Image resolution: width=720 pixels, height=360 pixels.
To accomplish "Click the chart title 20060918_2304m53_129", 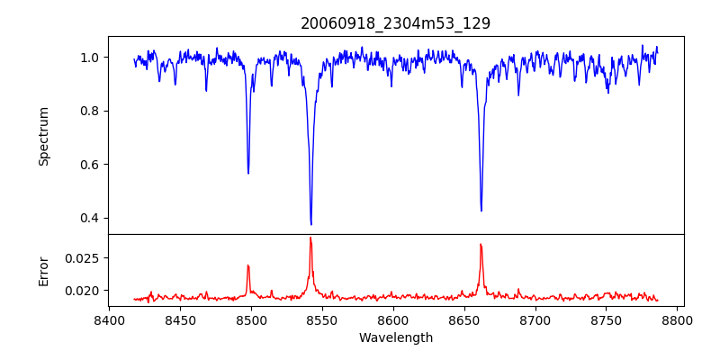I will coord(396,23).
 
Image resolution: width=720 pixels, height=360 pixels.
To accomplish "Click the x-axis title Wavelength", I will coord(396,338).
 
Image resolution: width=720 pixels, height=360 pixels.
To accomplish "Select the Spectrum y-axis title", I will coord(44,136).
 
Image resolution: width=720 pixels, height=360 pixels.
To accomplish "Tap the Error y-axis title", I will coord(44,271).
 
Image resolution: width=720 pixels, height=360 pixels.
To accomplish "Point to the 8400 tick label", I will coord(109,319).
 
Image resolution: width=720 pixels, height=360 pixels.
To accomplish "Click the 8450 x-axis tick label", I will coord(180,319).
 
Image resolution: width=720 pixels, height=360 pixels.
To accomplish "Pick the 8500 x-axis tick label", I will coord(251,319).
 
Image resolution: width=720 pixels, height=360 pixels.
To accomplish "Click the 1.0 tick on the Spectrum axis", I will coord(92,58).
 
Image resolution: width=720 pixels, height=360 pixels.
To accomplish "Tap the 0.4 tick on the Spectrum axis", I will coord(92,218).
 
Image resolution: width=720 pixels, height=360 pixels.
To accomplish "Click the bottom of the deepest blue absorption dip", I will coord(310,224).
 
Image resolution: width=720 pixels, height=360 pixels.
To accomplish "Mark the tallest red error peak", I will coord(310,238).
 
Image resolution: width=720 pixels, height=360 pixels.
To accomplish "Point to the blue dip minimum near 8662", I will coord(481,211).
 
